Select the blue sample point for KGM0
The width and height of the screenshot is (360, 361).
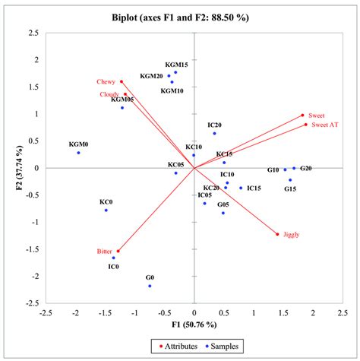(x=78, y=153)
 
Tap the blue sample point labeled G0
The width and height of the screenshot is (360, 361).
(x=150, y=286)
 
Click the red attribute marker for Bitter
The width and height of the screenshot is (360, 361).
(x=118, y=251)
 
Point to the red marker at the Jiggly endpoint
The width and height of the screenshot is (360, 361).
(x=277, y=234)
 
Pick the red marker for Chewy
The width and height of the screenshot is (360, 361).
(x=122, y=81)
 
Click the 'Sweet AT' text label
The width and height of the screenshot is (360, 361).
(x=324, y=125)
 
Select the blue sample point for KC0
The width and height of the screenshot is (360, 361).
(x=106, y=210)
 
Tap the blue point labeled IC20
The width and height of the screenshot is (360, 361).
(x=214, y=133)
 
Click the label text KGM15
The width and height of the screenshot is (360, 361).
(x=176, y=65)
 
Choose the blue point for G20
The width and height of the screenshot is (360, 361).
(x=294, y=168)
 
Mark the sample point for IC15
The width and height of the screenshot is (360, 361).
(x=241, y=188)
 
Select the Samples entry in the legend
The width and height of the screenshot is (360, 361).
(x=225, y=346)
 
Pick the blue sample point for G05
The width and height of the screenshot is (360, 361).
(x=223, y=213)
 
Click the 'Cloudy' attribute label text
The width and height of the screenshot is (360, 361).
(x=109, y=94)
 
